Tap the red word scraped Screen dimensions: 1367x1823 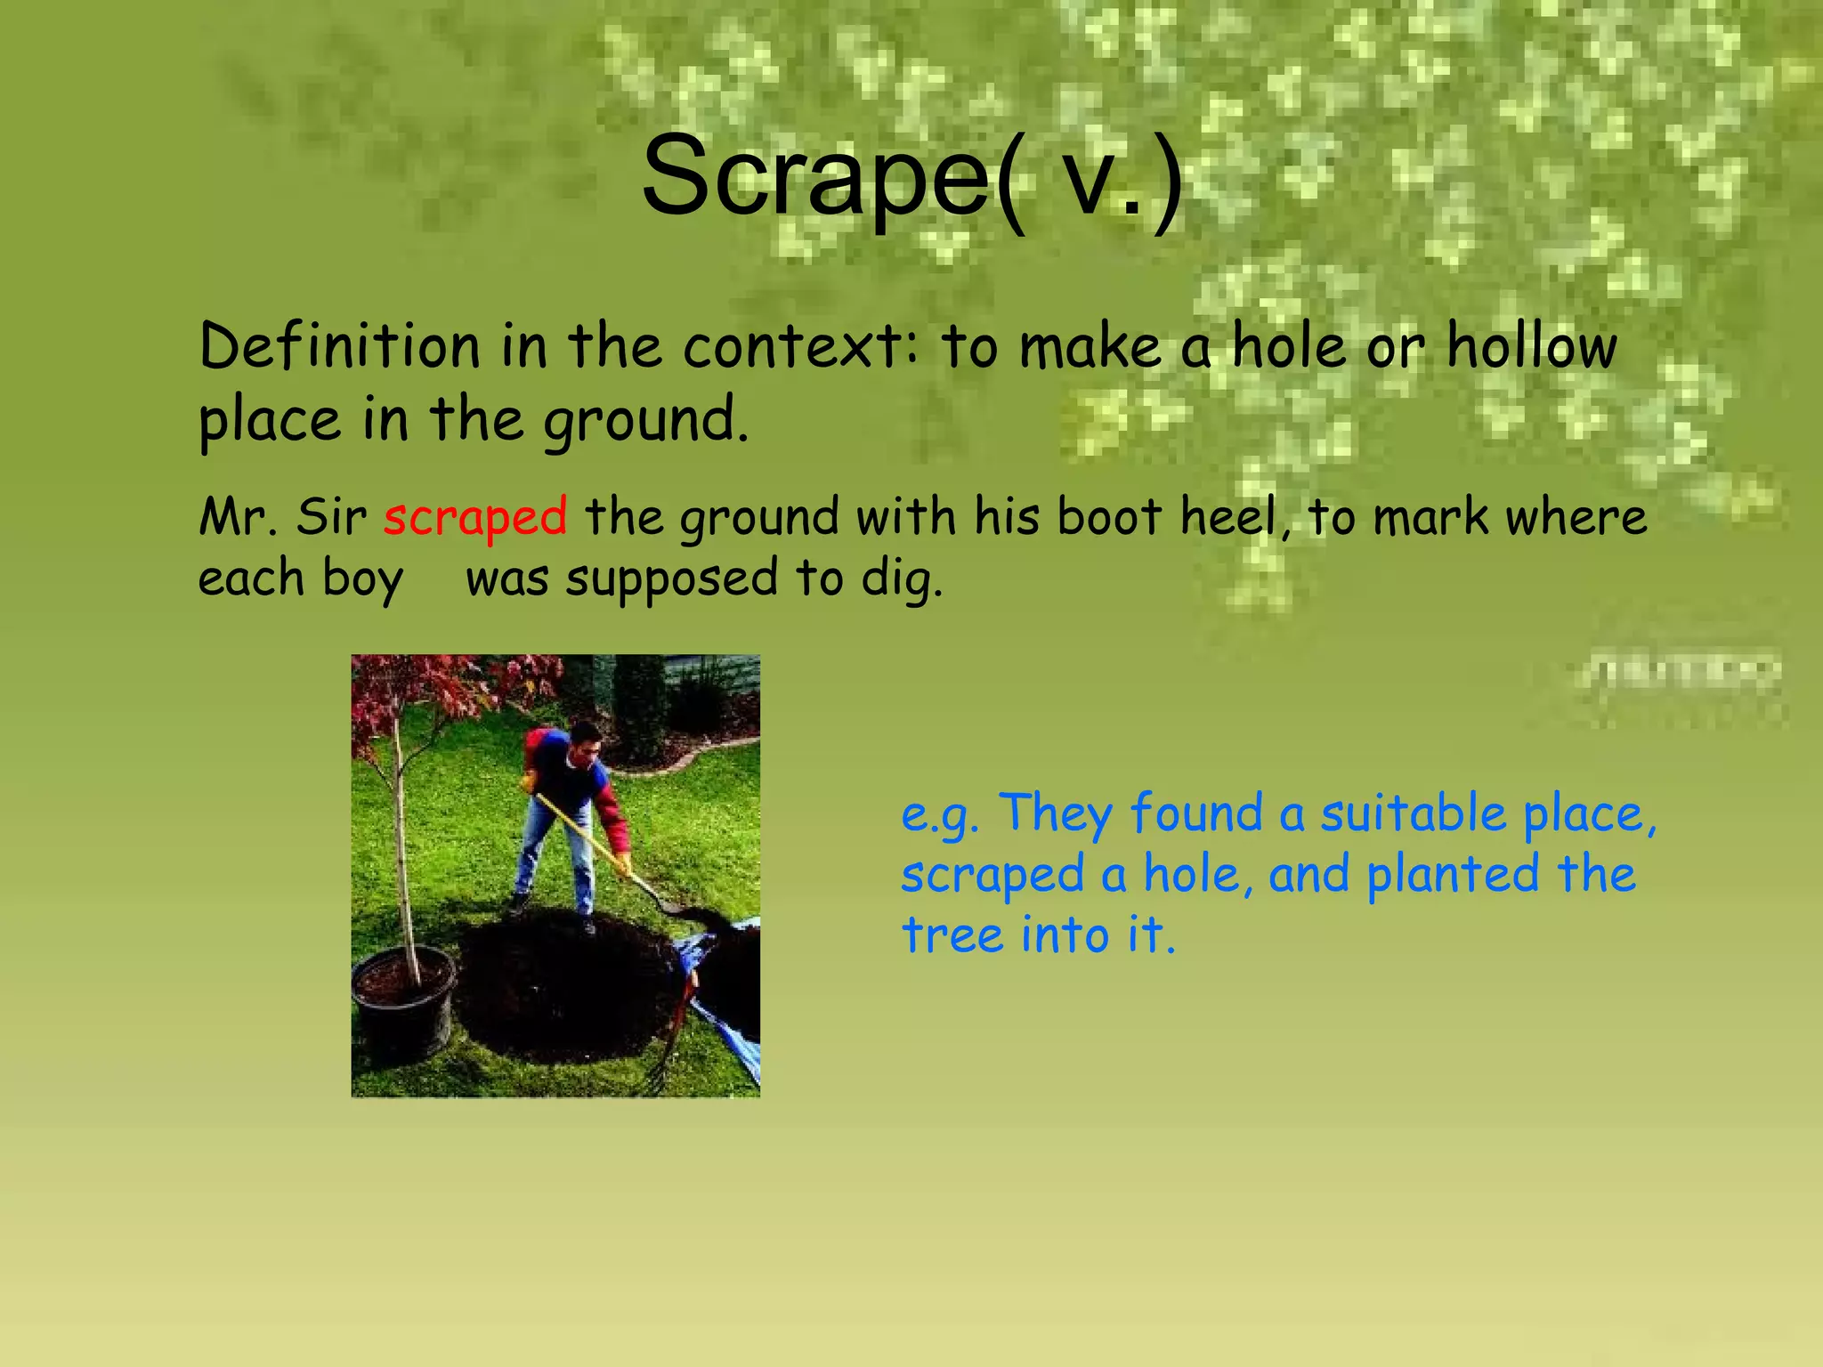[x=475, y=517]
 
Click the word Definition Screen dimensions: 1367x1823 [x=339, y=346]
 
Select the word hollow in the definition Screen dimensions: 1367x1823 [x=1531, y=346]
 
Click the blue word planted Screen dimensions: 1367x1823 [x=1452, y=875]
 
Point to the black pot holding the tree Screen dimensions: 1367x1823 [x=403, y=1006]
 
